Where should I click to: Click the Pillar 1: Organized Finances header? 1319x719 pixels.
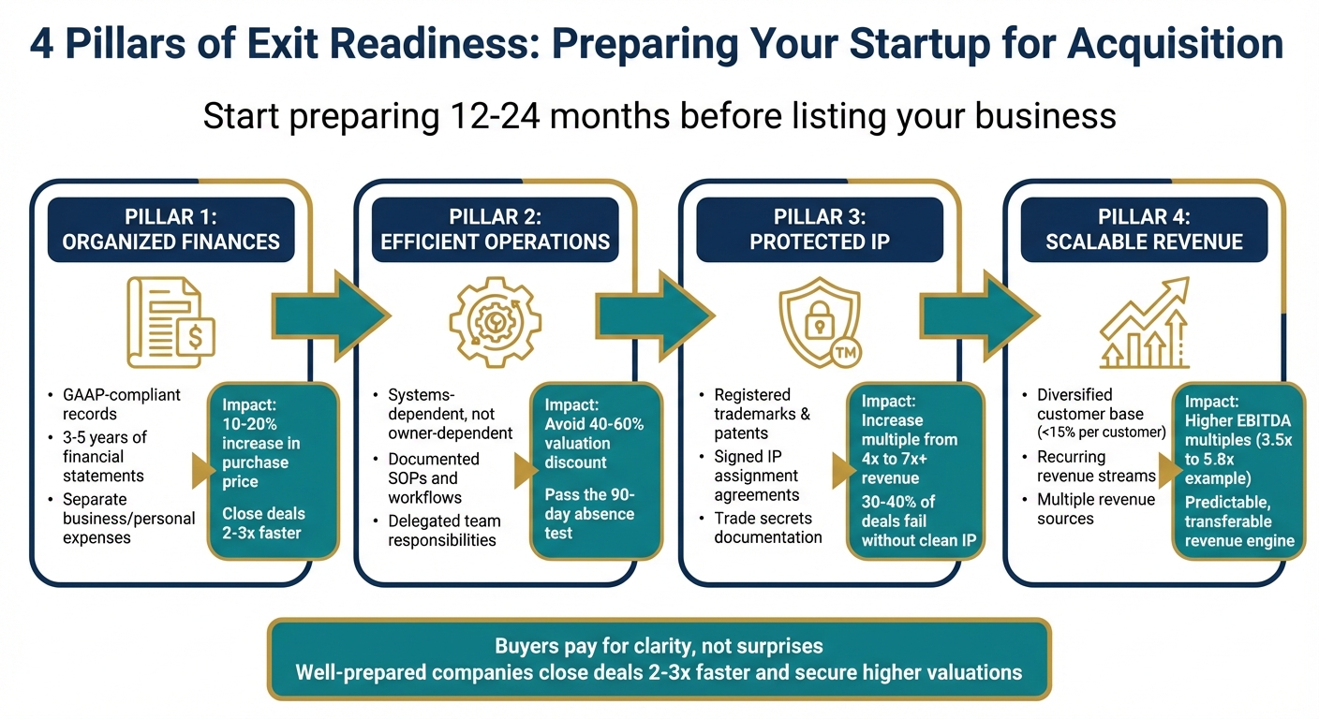click(170, 229)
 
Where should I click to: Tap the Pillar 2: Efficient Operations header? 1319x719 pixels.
click(495, 229)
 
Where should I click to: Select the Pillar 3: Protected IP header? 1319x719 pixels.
click(819, 229)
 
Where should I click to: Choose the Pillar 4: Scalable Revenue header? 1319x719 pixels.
click(1144, 229)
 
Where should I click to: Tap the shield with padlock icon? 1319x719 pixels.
click(817, 318)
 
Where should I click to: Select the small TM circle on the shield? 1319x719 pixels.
click(846, 353)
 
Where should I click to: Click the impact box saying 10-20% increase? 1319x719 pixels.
click(272, 471)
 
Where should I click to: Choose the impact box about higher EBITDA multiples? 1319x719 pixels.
click(1237, 471)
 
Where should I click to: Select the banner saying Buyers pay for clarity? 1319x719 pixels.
click(659, 659)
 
